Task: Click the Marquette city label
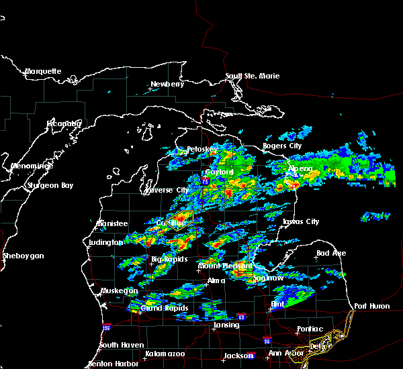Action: point(43,71)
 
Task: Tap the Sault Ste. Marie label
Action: point(252,76)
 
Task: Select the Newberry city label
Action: point(167,84)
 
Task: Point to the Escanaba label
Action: point(64,123)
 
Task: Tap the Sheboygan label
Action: point(22,256)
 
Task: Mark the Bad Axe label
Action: point(331,253)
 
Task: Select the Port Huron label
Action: point(371,306)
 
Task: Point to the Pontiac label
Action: point(310,329)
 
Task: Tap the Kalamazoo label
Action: point(165,353)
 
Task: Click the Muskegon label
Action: point(119,291)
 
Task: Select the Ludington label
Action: point(105,242)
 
